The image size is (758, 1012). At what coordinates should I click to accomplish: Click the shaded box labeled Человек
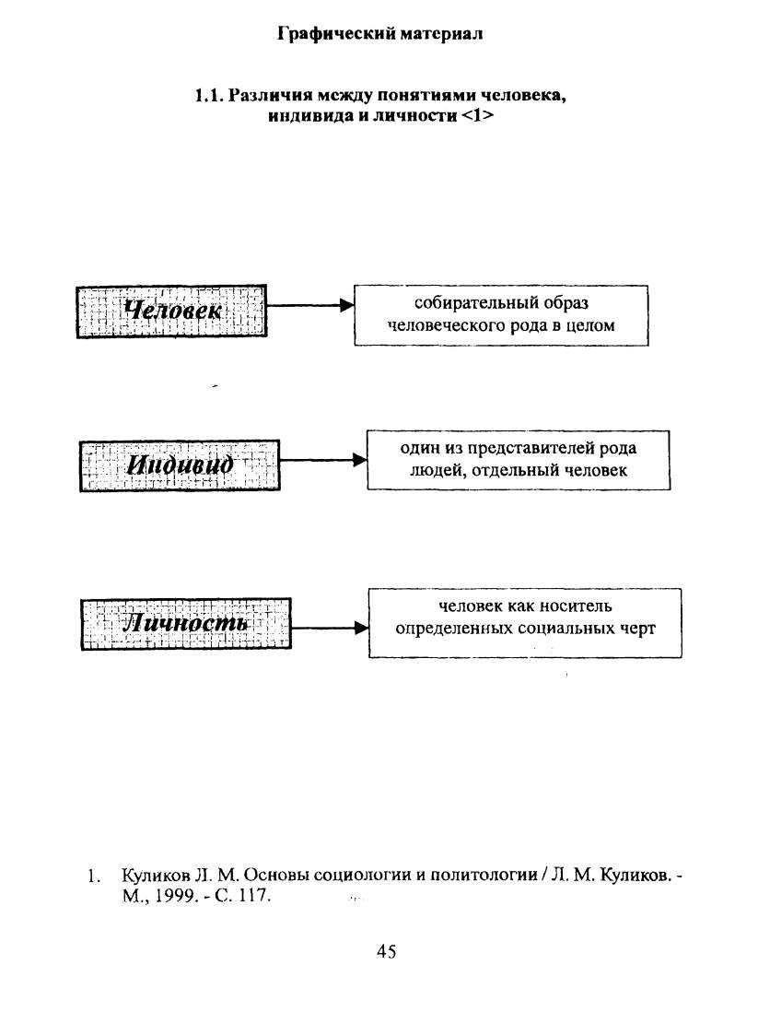pyautogui.click(x=171, y=312)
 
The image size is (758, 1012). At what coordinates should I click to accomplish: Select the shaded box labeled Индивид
pyautogui.click(x=180, y=465)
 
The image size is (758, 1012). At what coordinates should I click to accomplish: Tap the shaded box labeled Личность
pyautogui.click(x=186, y=623)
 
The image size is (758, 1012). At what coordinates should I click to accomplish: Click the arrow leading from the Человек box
pyautogui.click(x=310, y=305)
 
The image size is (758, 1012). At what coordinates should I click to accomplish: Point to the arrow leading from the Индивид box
pyautogui.click(x=324, y=460)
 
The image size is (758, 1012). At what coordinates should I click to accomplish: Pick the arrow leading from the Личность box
pyautogui.click(x=331, y=628)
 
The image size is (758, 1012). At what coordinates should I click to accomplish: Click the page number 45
pyautogui.click(x=387, y=950)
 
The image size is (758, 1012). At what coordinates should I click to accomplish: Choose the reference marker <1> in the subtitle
pyautogui.click(x=478, y=117)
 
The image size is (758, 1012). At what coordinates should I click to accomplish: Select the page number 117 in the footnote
pyautogui.click(x=252, y=896)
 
